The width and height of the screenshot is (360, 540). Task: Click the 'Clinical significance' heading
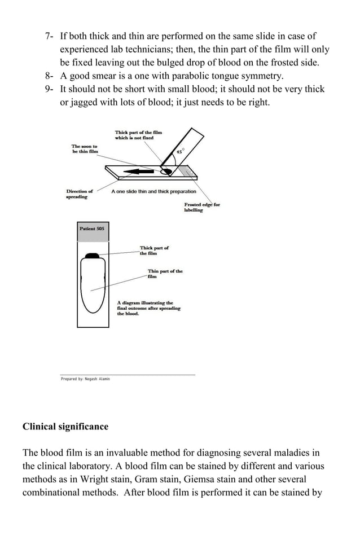coord(65,427)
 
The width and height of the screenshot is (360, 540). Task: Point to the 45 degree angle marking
coord(179,152)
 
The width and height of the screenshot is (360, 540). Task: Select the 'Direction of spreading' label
coord(79,194)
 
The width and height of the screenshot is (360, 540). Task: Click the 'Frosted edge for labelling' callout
coord(201,207)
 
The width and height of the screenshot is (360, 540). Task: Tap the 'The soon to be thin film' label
coord(85,149)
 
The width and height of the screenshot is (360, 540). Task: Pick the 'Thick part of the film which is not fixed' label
coord(138,135)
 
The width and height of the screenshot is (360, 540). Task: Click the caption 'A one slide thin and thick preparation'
coord(153,192)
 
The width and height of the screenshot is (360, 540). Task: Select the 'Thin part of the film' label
coord(165,274)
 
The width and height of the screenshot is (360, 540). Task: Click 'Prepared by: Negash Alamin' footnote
coord(85,379)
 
